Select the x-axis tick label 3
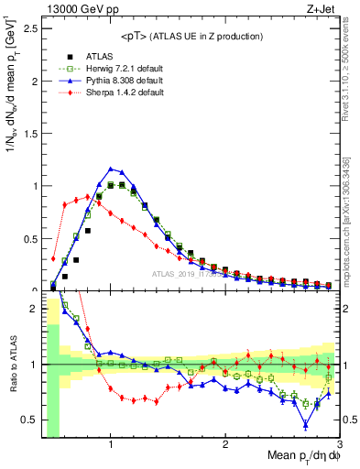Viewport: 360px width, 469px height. [339, 443]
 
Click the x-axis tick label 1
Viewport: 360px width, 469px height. [110, 443]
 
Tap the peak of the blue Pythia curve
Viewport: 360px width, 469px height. [111, 169]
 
